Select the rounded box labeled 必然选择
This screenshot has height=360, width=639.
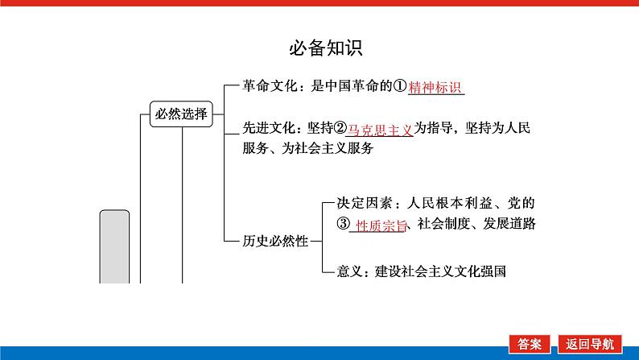180,114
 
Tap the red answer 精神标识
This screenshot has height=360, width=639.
435,88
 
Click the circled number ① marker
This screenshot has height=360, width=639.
398,87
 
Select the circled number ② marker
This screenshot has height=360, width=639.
340,128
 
